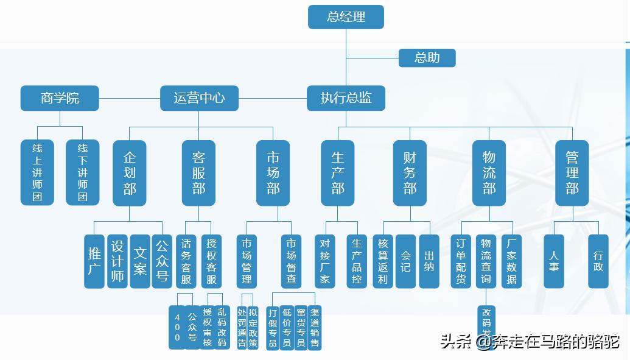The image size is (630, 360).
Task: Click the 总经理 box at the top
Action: pyautogui.click(x=346, y=17)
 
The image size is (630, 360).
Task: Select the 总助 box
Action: pyautogui.click(x=427, y=58)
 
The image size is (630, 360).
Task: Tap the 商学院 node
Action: pyautogui.click(x=60, y=98)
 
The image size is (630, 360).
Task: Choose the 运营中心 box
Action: pyautogui.click(x=199, y=98)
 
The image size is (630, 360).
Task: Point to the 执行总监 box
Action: pyautogui.click(x=346, y=98)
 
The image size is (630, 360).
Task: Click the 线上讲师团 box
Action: pyautogui.click(x=37, y=172)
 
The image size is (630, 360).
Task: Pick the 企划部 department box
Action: pyautogui.click(x=130, y=173)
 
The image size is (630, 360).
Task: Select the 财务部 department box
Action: pyautogui.click(x=410, y=173)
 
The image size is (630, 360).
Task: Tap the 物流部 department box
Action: pyautogui.click(x=489, y=173)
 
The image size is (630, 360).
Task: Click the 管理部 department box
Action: pyautogui.click(x=572, y=173)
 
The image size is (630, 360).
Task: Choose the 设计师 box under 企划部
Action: pyautogui.click(x=117, y=261)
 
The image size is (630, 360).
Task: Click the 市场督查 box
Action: pyautogui.click(x=291, y=261)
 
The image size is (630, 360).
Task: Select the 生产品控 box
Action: pyautogui.click(x=357, y=261)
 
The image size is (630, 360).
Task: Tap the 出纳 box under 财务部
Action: pyautogui.click(x=429, y=261)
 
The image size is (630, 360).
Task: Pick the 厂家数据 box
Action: pyautogui.click(x=511, y=261)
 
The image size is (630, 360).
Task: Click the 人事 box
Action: pyautogui.click(x=553, y=261)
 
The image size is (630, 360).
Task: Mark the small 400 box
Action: pyautogui.click(x=177, y=327)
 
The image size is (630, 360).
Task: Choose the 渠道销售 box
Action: pyautogui.click(x=315, y=327)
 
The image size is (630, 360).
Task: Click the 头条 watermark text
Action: pyautogui.click(x=455, y=342)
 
